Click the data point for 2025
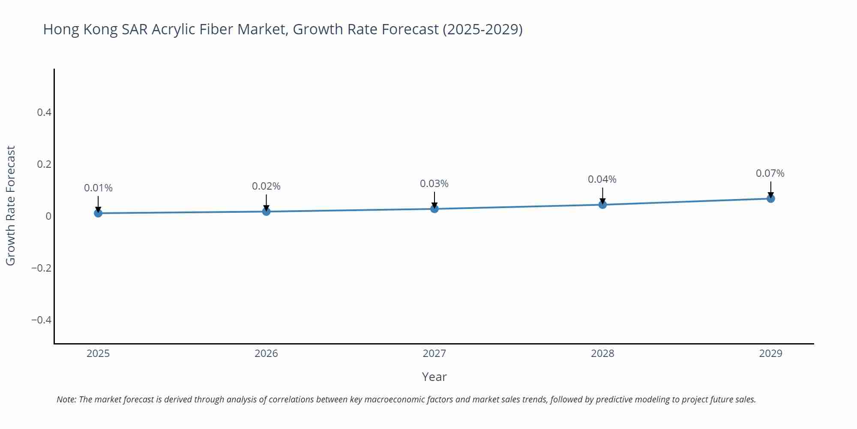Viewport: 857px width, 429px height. coord(98,213)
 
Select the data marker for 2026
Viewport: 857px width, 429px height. coord(266,211)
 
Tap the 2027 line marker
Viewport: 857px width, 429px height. coord(434,208)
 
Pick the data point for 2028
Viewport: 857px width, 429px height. coord(602,204)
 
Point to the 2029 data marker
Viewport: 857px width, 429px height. coord(770,198)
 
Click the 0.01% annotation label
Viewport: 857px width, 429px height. coord(98,188)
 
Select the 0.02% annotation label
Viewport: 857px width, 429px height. coord(266,186)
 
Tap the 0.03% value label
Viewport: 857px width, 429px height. coord(434,184)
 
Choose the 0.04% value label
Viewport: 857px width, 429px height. coord(602,179)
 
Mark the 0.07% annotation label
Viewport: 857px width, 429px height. coord(770,173)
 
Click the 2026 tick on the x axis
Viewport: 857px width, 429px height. coord(266,353)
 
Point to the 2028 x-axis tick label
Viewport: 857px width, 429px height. coord(602,353)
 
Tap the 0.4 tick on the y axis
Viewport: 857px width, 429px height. coord(44,112)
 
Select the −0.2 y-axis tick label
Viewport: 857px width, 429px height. coord(41,268)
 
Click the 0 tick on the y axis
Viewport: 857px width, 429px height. coord(48,216)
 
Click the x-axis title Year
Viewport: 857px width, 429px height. coord(434,377)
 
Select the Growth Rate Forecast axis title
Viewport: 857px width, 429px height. coord(11,205)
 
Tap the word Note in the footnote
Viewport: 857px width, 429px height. coord(66,399)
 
